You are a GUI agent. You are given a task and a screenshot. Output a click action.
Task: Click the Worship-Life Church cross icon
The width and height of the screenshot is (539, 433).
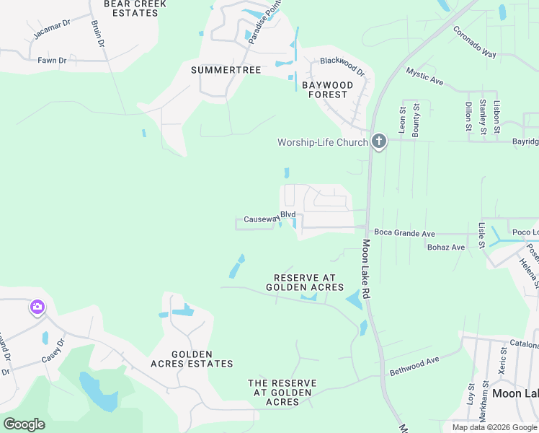380,142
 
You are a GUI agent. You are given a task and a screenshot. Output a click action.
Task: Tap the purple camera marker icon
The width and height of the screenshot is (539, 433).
37,308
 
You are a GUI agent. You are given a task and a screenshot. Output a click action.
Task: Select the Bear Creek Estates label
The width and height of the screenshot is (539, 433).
135,9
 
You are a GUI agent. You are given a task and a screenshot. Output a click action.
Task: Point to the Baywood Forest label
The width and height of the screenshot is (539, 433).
328,89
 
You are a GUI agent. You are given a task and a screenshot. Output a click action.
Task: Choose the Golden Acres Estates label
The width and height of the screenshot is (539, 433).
192,359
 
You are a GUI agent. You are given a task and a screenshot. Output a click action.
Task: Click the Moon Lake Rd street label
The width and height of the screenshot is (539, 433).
366,269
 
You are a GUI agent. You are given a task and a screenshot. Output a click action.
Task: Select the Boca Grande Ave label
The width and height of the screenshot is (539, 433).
405,234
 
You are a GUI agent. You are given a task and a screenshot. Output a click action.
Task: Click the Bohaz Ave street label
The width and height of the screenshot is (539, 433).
445,248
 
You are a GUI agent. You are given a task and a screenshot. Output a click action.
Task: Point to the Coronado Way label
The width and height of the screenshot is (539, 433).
475,42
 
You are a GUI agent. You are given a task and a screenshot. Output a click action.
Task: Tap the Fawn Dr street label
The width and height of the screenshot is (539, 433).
52,61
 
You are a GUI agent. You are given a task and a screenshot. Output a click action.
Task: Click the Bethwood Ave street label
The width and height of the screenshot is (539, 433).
414,366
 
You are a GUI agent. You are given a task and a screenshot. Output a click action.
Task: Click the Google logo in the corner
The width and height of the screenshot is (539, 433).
24,424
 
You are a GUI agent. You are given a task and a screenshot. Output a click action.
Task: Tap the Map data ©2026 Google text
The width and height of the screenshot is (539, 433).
494,427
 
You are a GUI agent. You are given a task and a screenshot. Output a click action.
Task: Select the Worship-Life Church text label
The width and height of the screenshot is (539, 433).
323,142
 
